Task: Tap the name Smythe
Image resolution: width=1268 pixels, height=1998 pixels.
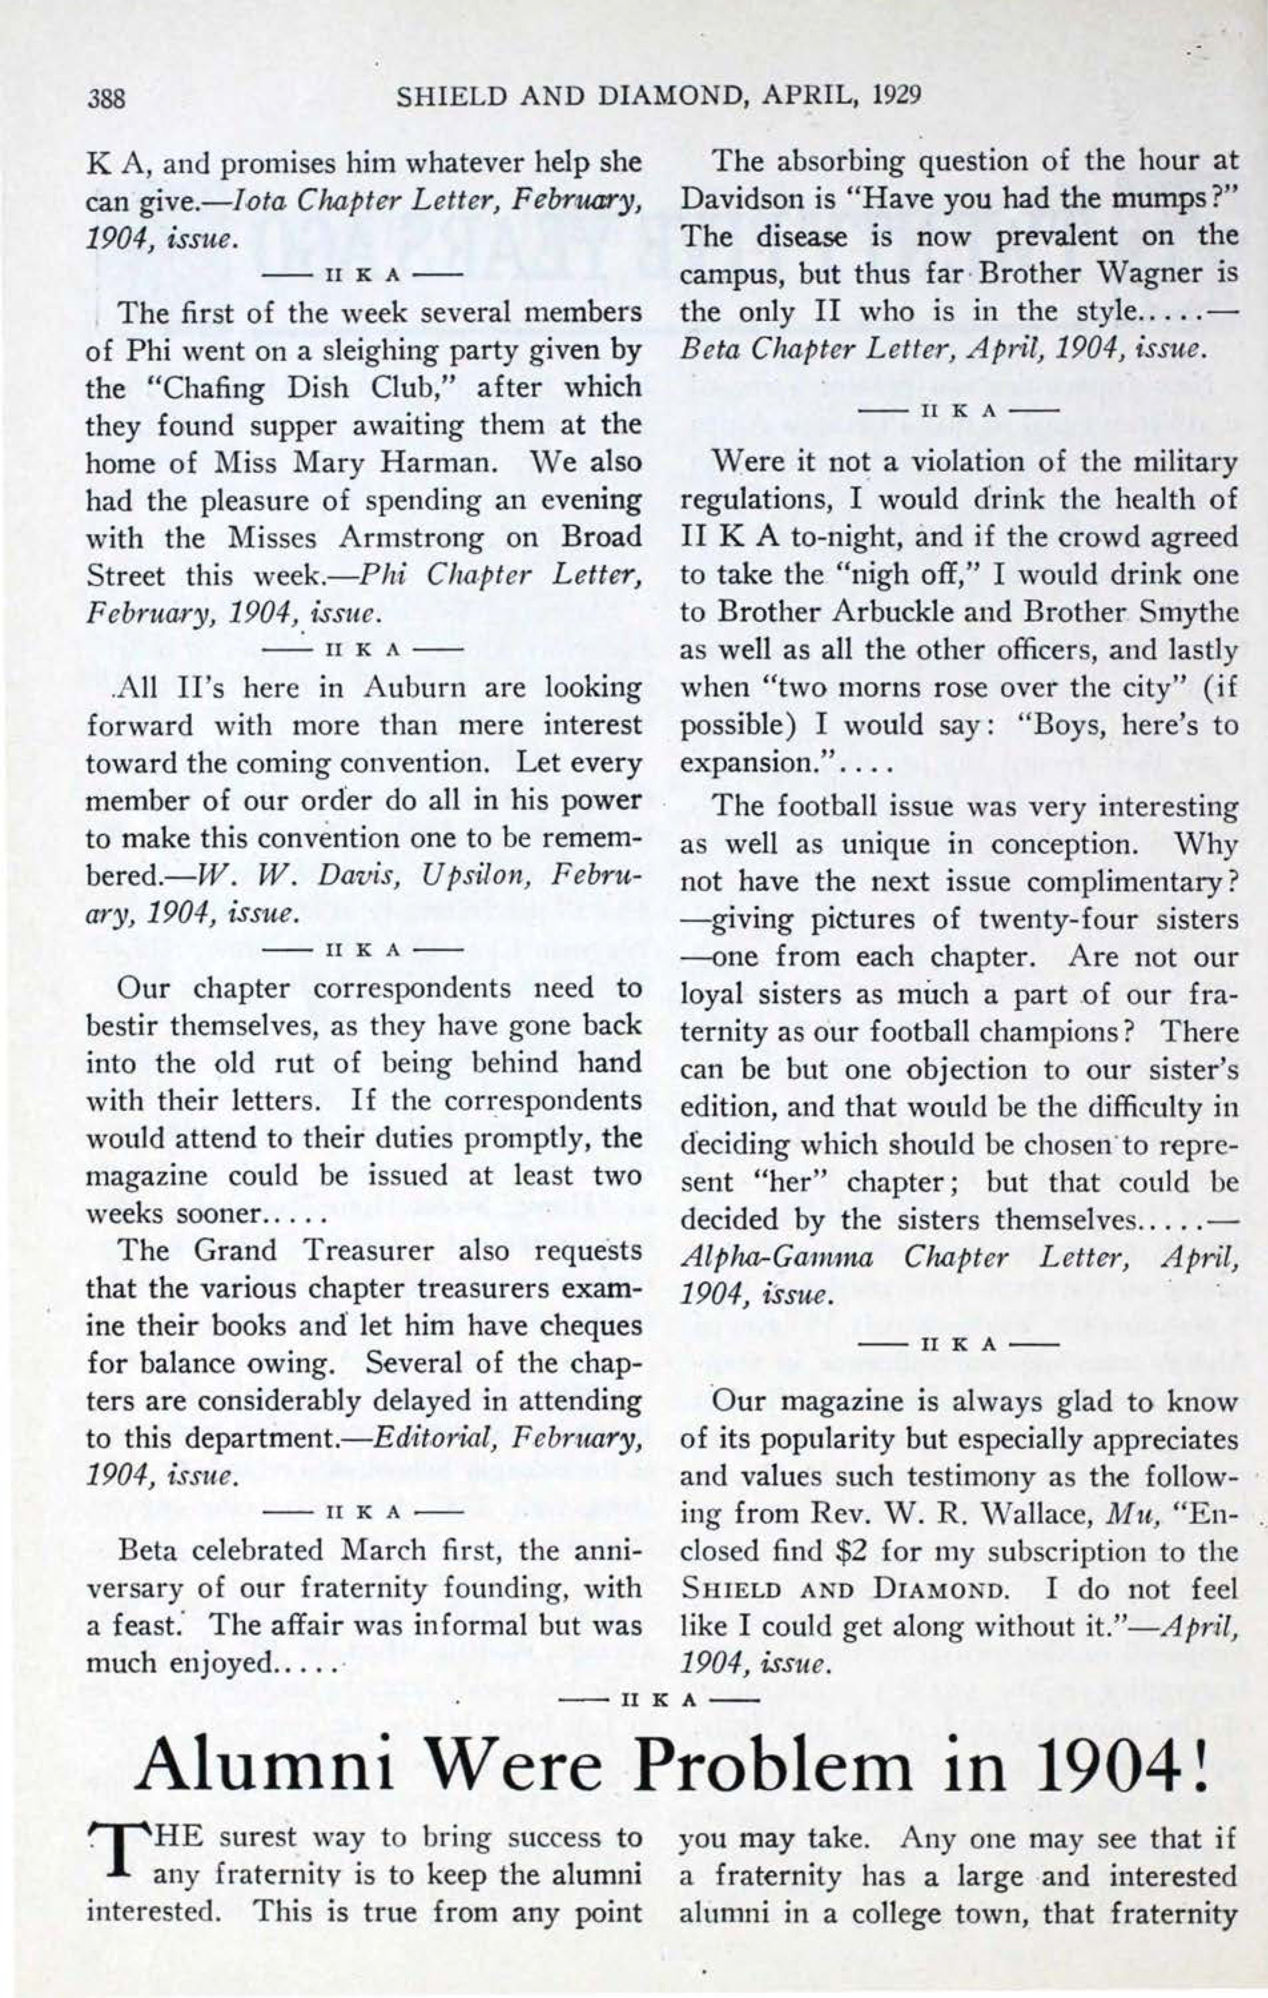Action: tap(1190, 611)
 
